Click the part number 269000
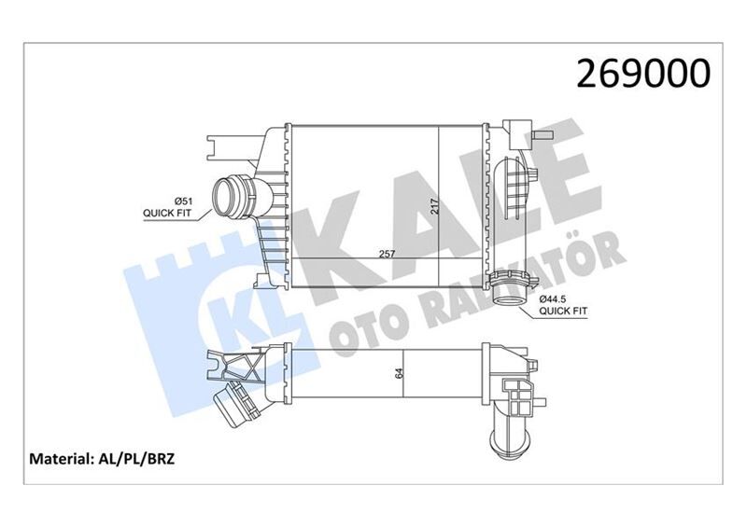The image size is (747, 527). pos(645,73)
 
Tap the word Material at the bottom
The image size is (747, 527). pos(61,459)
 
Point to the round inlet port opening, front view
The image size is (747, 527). pos(227,197)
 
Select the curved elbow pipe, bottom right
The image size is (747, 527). pos(509,429)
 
